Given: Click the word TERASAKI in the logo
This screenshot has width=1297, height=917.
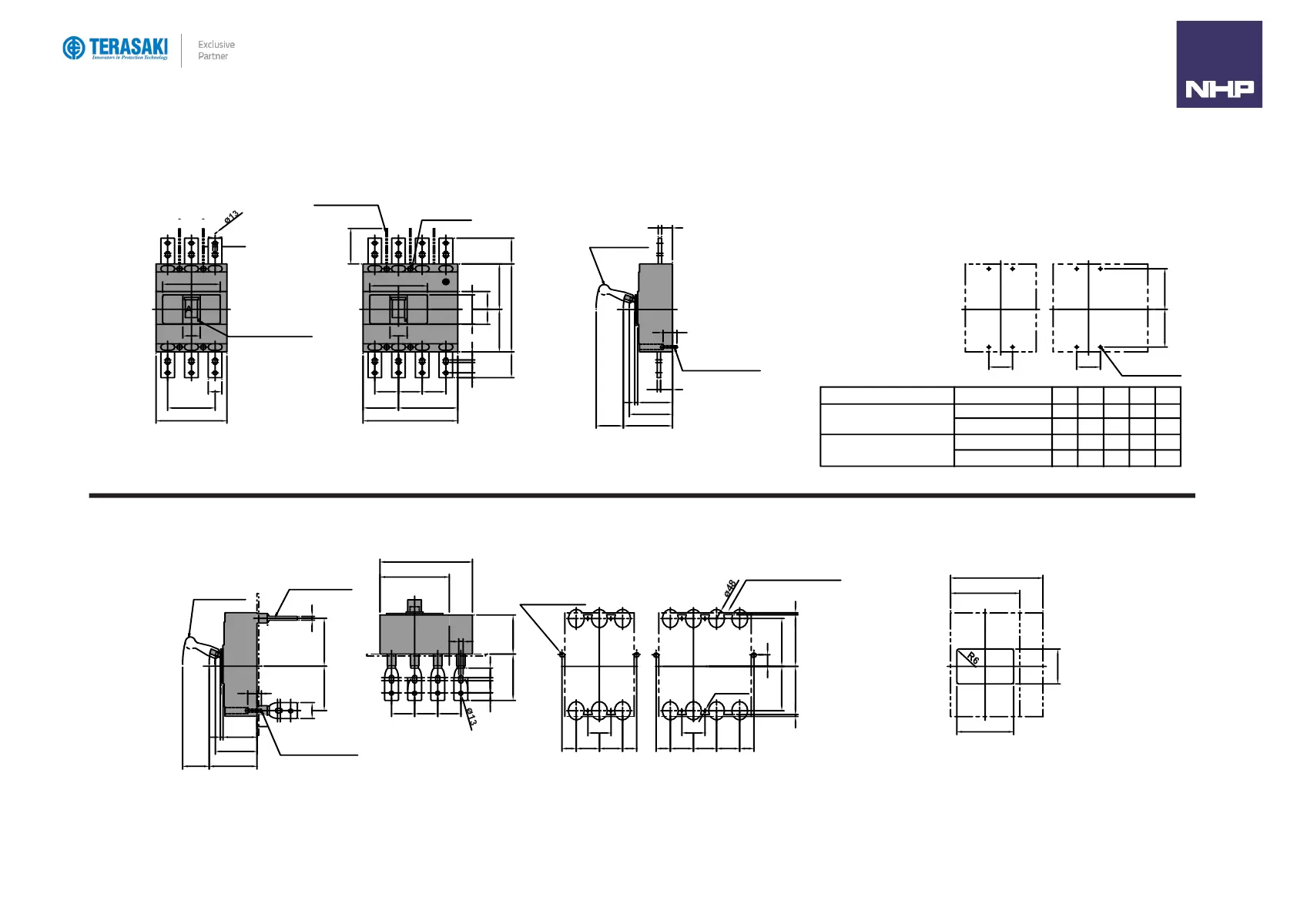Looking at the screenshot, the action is point(128,46).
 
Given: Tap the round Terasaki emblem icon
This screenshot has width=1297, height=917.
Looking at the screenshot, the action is point(74,48).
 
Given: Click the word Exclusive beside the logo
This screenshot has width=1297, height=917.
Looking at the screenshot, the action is point(216,45).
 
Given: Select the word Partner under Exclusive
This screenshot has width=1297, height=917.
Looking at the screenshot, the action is point(213,56).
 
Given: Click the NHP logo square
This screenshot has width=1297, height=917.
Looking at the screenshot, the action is point(1218,64).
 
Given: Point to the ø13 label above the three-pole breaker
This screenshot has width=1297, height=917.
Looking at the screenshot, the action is point(232,217).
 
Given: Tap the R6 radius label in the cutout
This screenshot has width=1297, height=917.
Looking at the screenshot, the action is point(974,658).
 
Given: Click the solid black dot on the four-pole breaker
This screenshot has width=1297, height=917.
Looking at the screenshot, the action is point(445,282).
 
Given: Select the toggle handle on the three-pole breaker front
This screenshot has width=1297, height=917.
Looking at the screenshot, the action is point(191,309).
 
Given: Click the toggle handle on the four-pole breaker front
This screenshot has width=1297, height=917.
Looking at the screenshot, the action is point(398,309).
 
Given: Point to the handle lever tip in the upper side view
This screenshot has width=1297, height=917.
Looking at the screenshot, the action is point(603,289).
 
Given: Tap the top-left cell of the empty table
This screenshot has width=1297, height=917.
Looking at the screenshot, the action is point(886,396).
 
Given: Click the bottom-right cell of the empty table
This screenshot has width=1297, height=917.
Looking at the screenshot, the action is point(1168,458).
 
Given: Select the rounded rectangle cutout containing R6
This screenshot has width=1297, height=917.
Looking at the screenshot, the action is point(985,666).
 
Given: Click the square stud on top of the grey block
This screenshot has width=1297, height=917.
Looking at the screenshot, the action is point(414,606).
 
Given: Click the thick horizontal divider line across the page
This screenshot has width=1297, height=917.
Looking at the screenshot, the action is point(642,496).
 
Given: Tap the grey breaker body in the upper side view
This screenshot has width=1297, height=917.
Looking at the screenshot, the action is point(656,304).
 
